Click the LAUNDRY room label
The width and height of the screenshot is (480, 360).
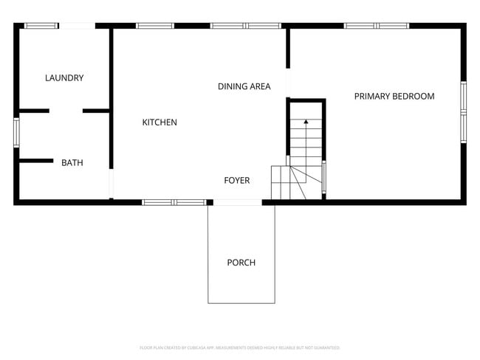(x=64, y=78)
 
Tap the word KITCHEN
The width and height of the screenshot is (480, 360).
(x=160, y=122)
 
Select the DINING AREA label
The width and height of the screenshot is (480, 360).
(x=244, y=86)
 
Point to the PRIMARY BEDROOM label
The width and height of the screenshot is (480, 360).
(x=394, y=96)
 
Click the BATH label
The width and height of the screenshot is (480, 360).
(x=72, y=163)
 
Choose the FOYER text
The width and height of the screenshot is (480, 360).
(x=237, y=181)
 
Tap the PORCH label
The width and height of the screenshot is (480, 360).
(x=241, y=263)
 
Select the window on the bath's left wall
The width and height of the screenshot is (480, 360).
(x=16, y=131)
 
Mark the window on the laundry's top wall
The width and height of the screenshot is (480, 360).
(x=41, y=26)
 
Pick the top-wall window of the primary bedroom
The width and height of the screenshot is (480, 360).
(x=377, y=26)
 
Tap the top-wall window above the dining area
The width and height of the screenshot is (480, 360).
(x=246, y=26)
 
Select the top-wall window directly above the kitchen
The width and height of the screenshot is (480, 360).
(x=155, y=26)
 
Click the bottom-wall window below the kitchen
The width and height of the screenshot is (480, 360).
(x=174, y=201)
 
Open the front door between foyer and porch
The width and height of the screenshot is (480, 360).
(x=237, y=201)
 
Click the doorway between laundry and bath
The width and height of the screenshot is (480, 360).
(x=66, y=111)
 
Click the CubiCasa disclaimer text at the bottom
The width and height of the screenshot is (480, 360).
(x=240, y=347)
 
